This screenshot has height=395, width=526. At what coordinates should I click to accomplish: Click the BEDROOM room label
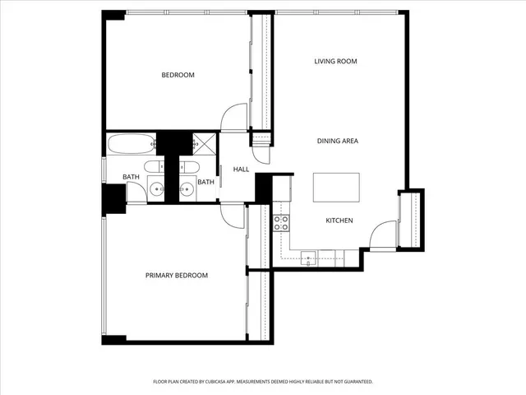tap(178, 76)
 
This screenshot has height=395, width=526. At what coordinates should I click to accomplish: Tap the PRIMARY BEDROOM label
tap(177, 276)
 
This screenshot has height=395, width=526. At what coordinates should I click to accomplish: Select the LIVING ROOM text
tap(335, 62)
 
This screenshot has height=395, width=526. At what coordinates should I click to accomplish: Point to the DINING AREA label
tap(337, 142)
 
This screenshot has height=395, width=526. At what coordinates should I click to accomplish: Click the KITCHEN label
tap(339, 221)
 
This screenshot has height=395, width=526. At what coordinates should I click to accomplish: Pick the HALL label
tap(241, 170)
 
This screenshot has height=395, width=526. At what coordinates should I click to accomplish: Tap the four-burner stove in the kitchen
tap(281, 222)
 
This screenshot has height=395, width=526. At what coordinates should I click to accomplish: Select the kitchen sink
tap(309, 258)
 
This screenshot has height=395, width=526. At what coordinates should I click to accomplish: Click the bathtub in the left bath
tap(130, 143)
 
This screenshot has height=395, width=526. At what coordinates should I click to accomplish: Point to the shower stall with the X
tap(205, 143)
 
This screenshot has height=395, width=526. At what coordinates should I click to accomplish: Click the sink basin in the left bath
tap(156, 189)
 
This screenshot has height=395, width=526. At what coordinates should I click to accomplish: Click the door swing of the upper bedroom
tap(236, 117)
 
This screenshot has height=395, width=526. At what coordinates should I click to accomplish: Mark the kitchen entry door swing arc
tap(382, 235)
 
